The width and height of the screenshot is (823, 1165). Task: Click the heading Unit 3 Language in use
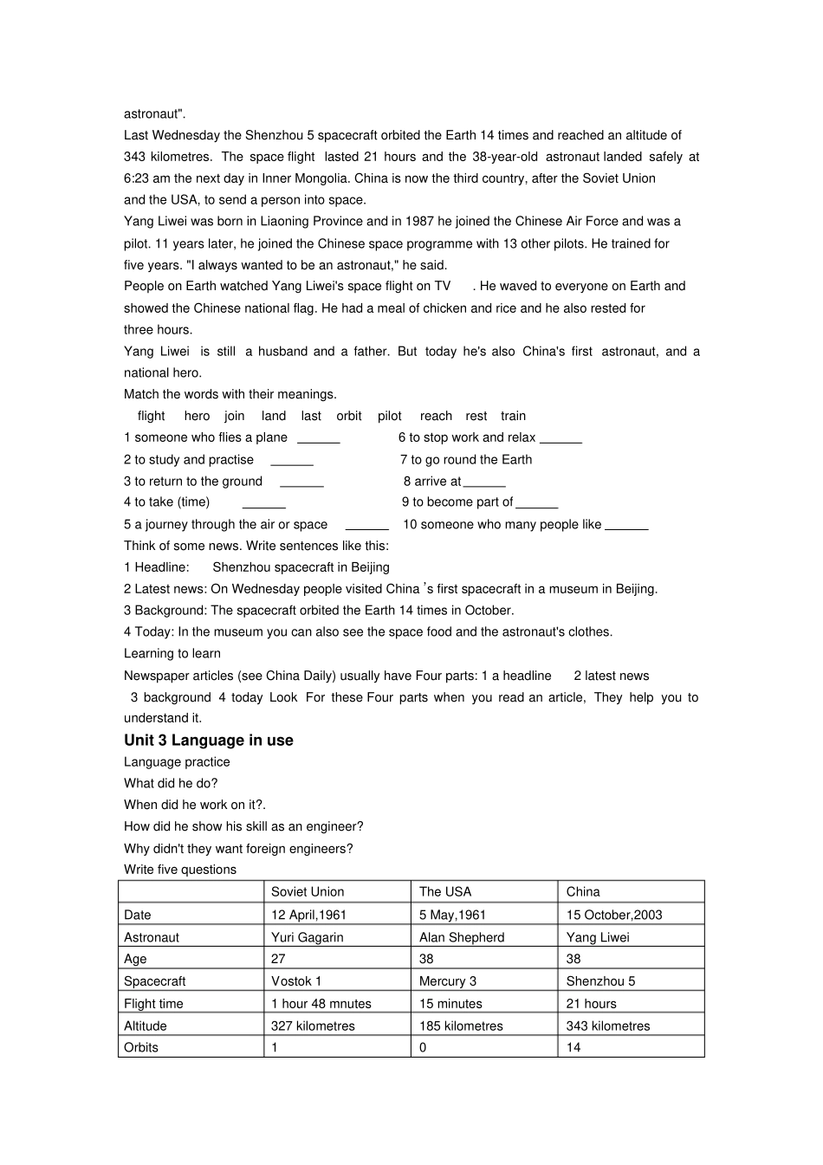208,740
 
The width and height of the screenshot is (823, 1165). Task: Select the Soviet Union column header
308,891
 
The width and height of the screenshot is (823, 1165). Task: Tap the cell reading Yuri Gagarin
307,937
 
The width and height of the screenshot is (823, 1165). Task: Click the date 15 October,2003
613,915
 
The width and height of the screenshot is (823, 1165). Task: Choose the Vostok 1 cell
295,981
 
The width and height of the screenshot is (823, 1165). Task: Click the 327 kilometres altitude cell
313,1026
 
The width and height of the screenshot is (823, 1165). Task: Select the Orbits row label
141,1047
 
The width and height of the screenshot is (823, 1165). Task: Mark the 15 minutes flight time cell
450,1004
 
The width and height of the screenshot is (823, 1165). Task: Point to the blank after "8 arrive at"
484,483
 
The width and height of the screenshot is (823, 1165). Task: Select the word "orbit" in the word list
349,416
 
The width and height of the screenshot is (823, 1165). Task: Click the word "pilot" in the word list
390,416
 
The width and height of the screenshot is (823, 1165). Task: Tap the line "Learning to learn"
172,653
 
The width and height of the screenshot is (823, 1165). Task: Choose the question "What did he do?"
171,783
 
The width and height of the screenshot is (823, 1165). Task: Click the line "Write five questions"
180,870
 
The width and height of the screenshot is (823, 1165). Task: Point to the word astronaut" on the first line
155,113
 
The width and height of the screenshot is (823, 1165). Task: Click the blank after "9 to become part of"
536,504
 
